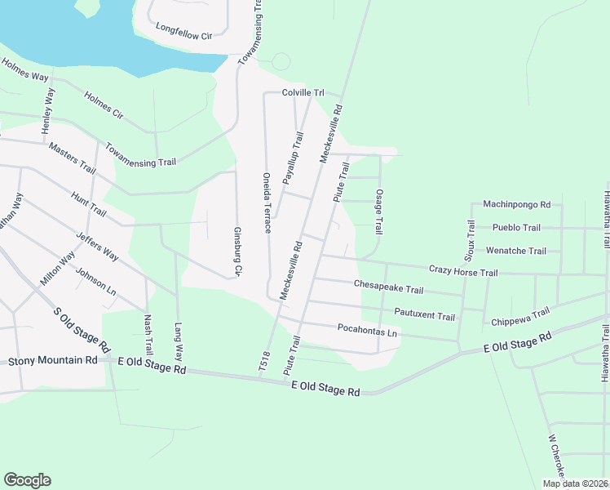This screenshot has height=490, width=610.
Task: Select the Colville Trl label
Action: (x=303, y=93)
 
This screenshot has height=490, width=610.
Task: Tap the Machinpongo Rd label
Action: (x=517, y=204)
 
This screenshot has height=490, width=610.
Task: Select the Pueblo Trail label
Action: (x=516, y=227)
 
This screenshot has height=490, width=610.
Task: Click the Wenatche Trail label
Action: (x=515, y=251)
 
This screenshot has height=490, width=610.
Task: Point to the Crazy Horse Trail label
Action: (x=463, y=271)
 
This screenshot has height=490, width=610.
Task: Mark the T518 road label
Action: (x=264, y=359)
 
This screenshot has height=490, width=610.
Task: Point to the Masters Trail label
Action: (x=72, y=158)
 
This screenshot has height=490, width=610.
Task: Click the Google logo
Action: (x=28, y=480)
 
